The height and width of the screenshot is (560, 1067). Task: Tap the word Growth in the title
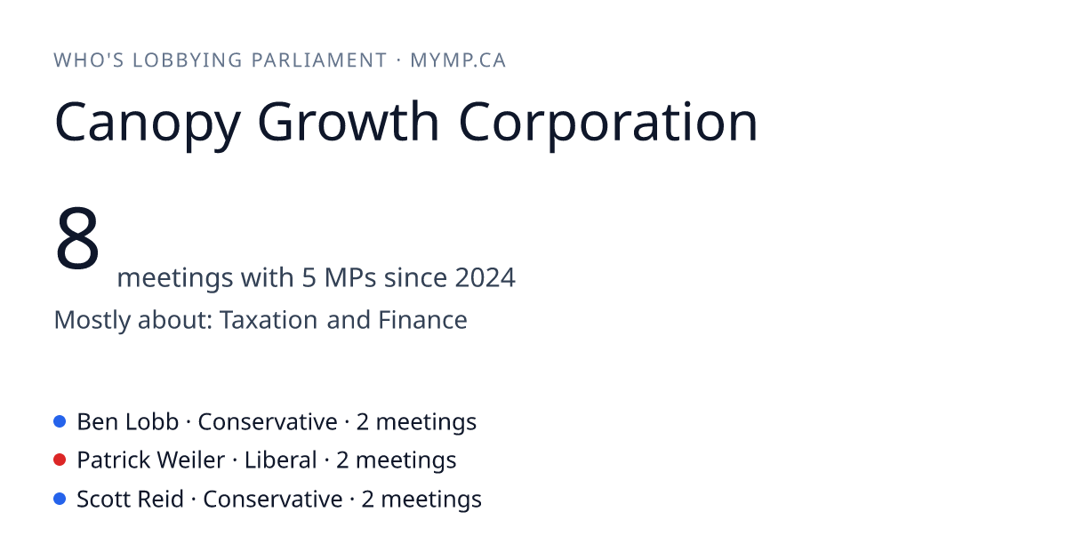(348, 121)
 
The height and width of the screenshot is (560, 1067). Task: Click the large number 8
(77, 237)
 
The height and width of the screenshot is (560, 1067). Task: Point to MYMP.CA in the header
(458, 60)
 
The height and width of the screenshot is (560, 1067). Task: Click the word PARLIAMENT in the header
(318, 60)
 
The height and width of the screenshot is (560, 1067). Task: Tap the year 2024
(485, 277)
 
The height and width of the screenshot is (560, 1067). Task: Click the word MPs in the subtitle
(350, 277)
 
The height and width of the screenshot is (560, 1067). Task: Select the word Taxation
(269, 319)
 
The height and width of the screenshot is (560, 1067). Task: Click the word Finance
(422, 319)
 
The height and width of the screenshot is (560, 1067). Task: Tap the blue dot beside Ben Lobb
(60, 421)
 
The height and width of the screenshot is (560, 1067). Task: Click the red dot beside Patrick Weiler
(60, 460)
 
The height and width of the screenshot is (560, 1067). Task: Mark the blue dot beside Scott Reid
(60, 499)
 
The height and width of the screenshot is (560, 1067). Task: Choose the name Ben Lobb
(128, 421)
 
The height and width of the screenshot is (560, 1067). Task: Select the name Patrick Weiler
(150, 460)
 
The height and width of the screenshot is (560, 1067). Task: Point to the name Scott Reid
(130, 499)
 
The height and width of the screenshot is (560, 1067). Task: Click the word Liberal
(281, 460)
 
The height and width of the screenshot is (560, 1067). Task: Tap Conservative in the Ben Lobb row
(268, 421)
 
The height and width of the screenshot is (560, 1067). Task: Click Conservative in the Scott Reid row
(273, 499)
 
